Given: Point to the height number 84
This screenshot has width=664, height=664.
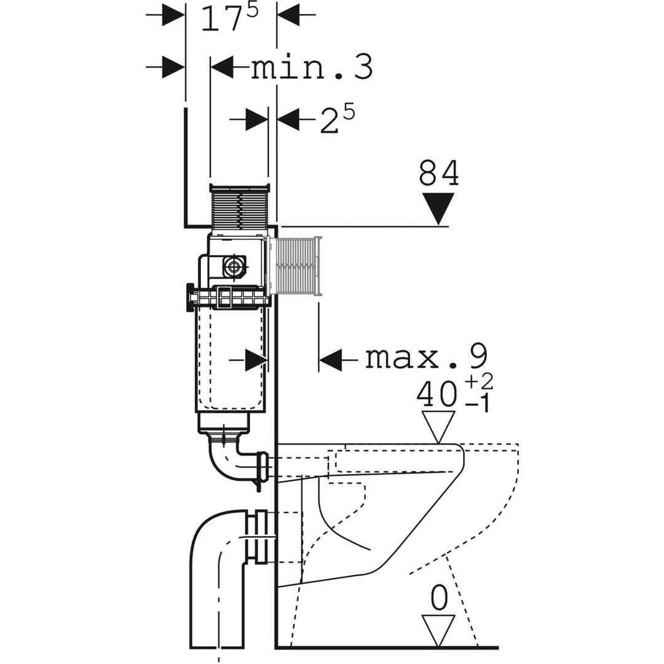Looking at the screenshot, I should tap(439, 174).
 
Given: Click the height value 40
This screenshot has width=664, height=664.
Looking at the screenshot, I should tap(437, 395).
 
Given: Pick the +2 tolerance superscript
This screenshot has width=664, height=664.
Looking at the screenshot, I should tap(479, 382).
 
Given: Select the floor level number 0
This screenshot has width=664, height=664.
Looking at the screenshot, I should tap(438, 597).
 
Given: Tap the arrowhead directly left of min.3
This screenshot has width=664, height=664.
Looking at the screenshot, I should tap(223, 67).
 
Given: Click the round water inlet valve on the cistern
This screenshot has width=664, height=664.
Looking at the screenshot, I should tap(234, 266).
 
